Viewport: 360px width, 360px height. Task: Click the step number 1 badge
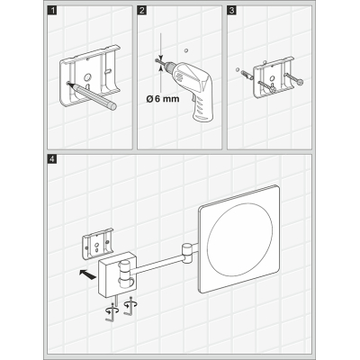[x=53, y=11]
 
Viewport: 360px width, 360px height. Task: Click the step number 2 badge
[x=142, y=11]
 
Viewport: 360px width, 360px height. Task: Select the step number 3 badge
[x=231, y=11]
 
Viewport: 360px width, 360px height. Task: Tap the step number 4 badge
[x=52, y=158]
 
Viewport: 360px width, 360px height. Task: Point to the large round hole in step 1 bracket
[x=87, y=77]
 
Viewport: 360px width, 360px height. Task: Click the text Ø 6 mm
[x=163, y=98]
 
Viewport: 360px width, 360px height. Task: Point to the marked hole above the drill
[x=186, y=50]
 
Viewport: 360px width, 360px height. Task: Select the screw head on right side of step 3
[x=300, y=81]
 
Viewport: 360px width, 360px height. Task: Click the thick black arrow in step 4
[x=87, y=274]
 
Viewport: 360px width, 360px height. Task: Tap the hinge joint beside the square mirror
[x=186, y=254]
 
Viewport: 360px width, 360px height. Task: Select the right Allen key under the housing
[x=129, y=307]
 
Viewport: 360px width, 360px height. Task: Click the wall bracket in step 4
[x=98, y=243]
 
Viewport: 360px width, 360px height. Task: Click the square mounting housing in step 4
[x=118, y=274]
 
